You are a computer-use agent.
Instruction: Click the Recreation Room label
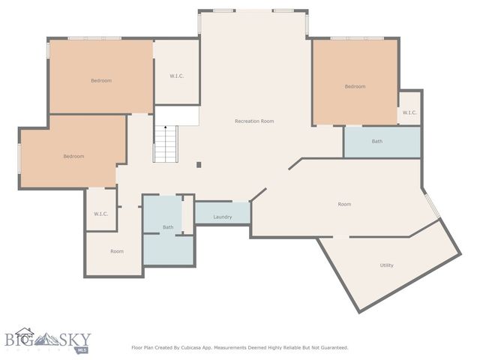click(x=254, y=121)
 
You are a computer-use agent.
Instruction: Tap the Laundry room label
click(x=222, y=217)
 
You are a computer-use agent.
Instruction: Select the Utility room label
click(x=386, y=265)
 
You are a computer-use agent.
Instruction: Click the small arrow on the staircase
click(x=165, y=129)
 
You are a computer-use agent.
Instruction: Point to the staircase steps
click(x=165, y=145)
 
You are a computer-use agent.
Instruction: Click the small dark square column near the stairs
click(x=199, y=165)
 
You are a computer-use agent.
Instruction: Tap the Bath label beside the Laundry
click(x=168, y=227)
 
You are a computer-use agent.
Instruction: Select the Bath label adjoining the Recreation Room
click(x=377, y=141)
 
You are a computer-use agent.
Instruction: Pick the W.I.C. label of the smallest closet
click(x=409, y=112)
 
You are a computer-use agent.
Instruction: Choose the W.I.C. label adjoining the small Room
click(x=101, y=214)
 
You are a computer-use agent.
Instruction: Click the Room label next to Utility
click(x=344, y=204)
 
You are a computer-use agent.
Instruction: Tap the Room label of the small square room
click(x=117, y=251)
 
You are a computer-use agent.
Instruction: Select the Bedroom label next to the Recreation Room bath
click(x=355, y=86)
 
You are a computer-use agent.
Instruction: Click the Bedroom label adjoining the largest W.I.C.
click(x=101, y=80)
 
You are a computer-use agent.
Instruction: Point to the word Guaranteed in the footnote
click(x=331, y=347)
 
